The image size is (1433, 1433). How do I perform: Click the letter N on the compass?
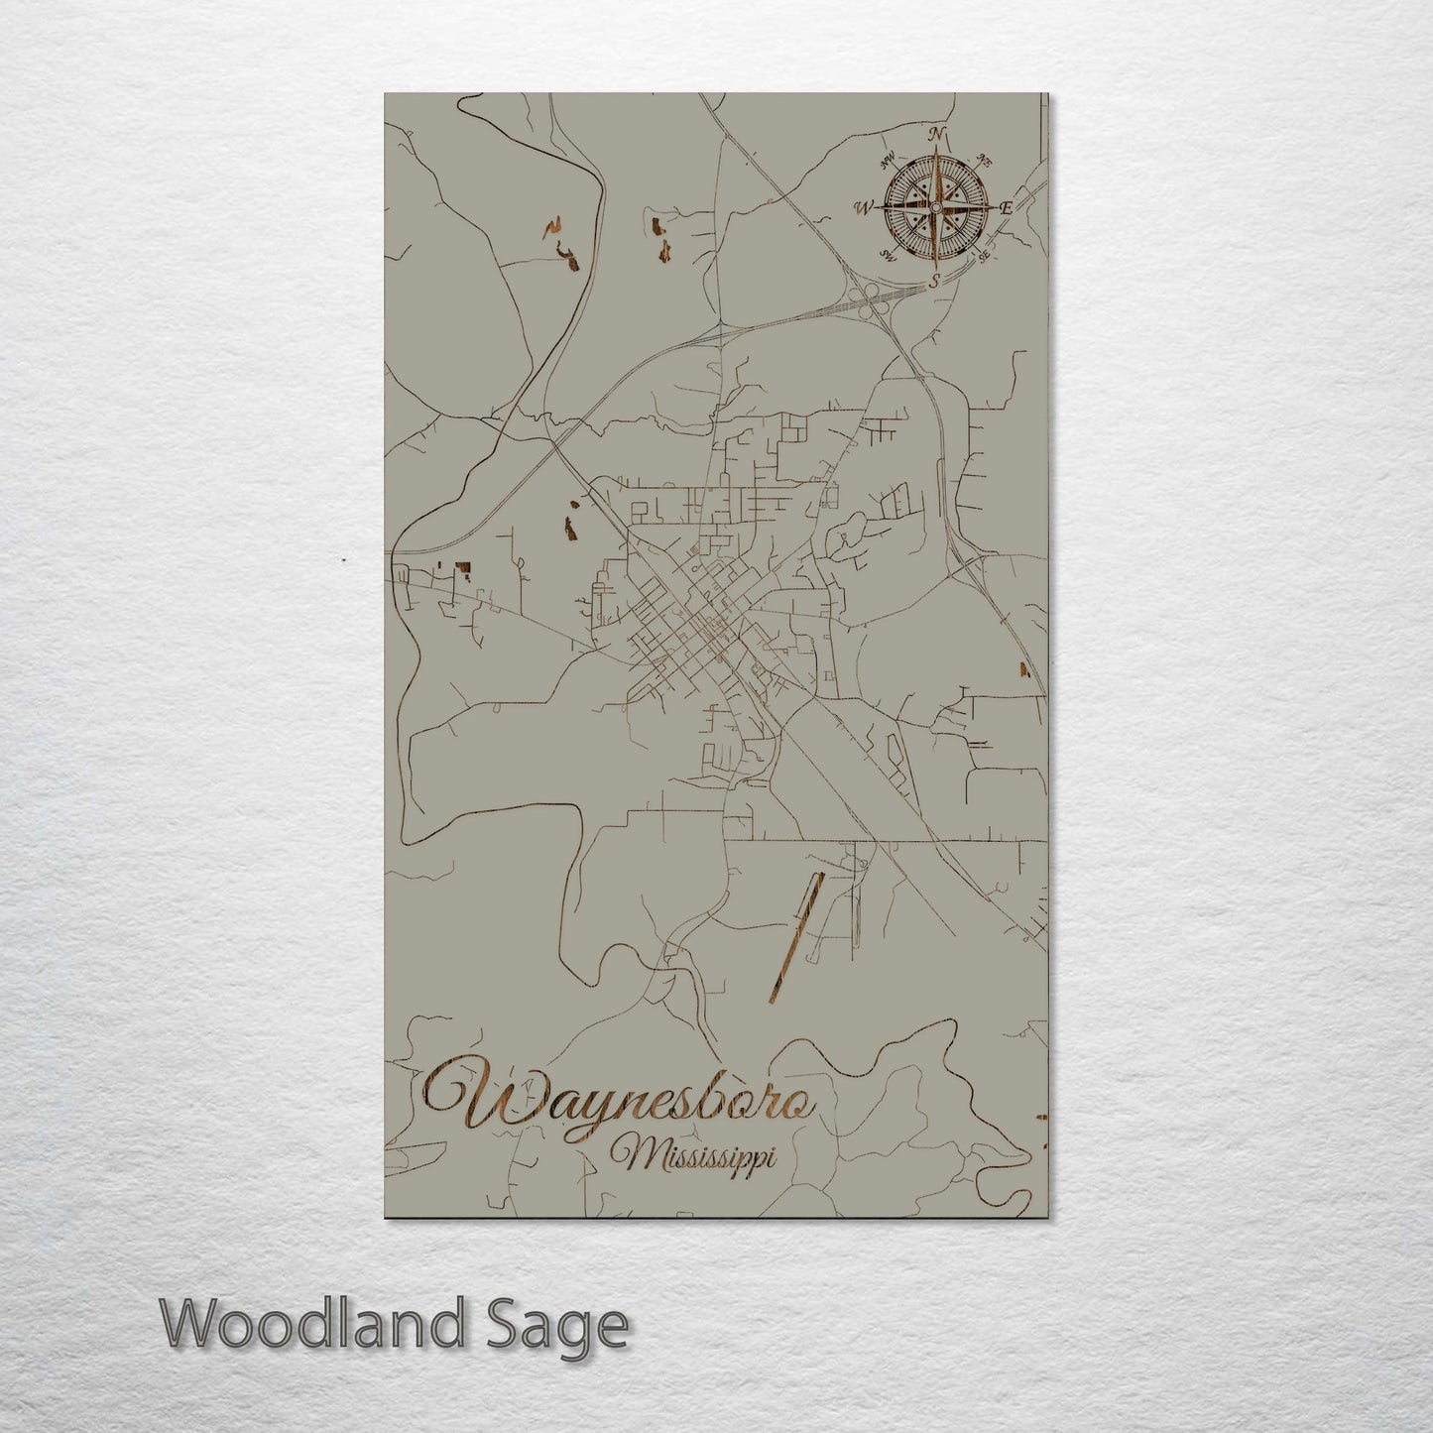[935, 135]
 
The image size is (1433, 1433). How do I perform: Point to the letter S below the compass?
[934, 281]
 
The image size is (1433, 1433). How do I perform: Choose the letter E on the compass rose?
[1006, 208]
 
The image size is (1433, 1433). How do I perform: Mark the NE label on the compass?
[984, 159]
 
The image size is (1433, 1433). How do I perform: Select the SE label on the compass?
[983, 256]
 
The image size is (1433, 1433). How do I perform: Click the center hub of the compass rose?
[934, 207]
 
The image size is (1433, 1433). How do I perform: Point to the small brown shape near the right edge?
[1024, 669]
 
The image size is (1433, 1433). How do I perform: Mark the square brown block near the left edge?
[461, 568]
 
